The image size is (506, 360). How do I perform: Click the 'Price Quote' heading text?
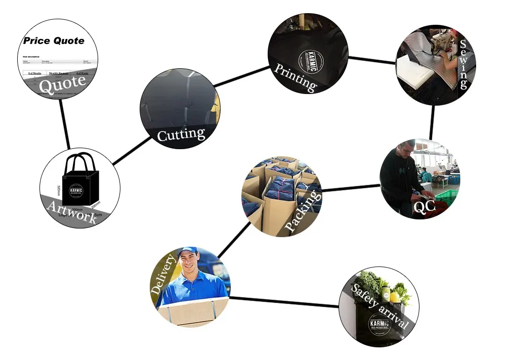[54, 41]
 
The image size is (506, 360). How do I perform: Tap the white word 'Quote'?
[62, 84]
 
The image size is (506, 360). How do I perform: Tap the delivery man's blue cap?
[187, 252]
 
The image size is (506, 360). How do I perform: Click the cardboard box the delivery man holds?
[192, 310]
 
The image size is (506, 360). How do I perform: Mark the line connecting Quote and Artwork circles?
[65, 124]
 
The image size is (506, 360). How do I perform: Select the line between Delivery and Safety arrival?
[284, 301]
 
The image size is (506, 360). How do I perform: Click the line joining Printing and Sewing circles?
[372, 60]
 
